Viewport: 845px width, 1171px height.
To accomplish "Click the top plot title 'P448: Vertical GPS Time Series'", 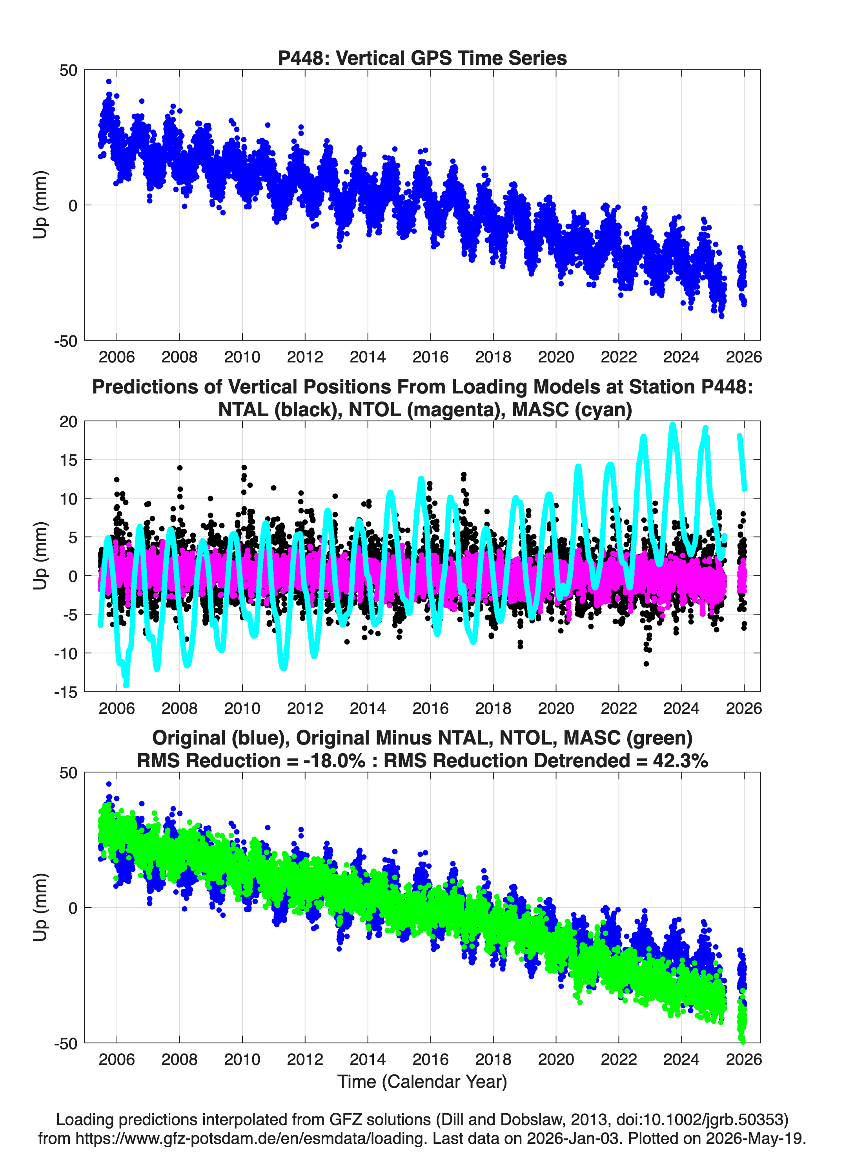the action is coord(422,58).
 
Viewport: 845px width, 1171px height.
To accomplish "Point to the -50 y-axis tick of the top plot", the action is coord(66,341).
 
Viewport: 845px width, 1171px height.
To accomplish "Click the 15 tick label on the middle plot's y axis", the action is coord(68,459).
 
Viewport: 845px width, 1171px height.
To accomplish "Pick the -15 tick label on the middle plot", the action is coord(66,692).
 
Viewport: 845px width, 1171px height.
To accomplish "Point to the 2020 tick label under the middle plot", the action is coord(555,708).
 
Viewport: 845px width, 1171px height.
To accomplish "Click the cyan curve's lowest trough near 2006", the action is coord(126,684).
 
